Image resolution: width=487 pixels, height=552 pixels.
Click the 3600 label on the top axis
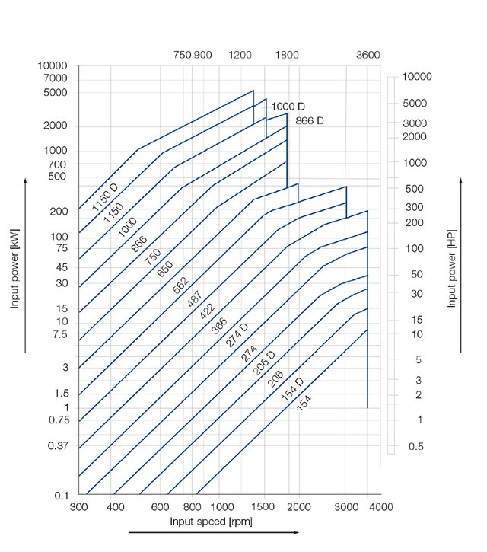pyautogui.click(x=368, y=55)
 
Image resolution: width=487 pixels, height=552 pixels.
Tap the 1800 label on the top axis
pyautogui.click(x=288, y=55)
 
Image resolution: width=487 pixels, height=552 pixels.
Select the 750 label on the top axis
pyautogui.click(x=183, y=55)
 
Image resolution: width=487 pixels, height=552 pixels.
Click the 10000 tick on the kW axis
pyautogui.click(x=53, y=66)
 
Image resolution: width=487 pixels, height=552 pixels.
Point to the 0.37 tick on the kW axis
pyautogui.click(x=57, y=445)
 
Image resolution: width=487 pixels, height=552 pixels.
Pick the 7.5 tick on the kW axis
pyautogui.click(x=59, y=334)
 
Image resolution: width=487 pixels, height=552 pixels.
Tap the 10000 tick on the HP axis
pyautogui.click(x=418, y=77)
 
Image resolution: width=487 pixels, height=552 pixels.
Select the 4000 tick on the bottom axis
pyautogui.click(x=380, y=507)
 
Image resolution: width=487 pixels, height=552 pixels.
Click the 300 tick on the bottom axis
pyautogui.click(x=79, y=507)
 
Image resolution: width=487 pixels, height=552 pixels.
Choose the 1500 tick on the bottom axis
pyautogui.click(x=264, y=507)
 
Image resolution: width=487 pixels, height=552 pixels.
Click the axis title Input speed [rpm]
pyautogui.click(x=212, y=522)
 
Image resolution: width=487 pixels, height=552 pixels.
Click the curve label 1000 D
pyautogui.click(x=288, y=106)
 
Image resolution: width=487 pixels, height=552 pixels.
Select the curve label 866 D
pyautogui.click(x=309, y=120)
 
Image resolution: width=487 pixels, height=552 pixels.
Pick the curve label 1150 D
pyautogui.click(x=105, y=196)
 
